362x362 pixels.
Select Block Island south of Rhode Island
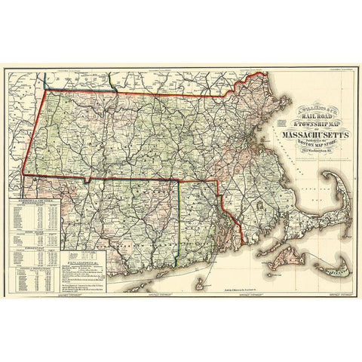pyautogui.click(x=198, y=285)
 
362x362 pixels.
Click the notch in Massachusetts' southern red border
pyautogui.click(x=88, y=179)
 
